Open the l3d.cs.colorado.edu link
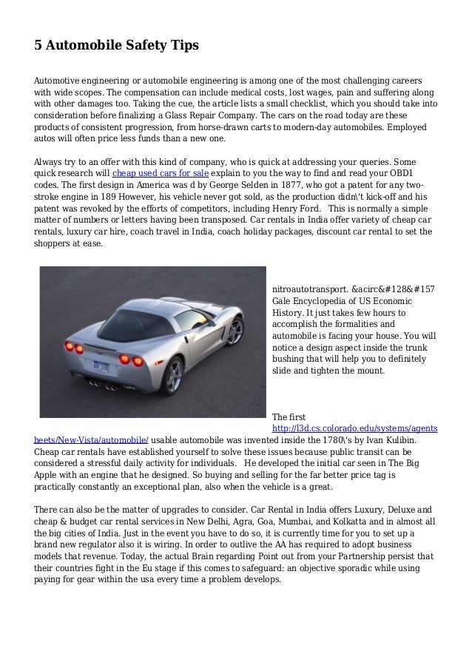click(354, 429)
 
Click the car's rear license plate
click(101, 364)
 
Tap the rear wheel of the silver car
click(173, 375)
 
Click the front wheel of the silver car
click(235, 331)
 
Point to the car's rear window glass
click(129, 320)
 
